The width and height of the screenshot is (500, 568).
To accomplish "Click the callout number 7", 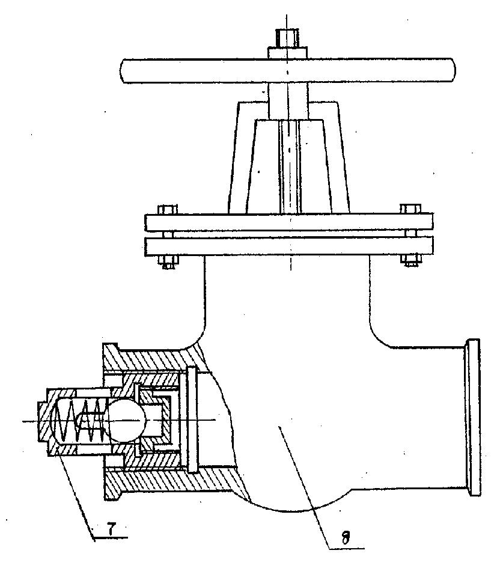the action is pyautogui.click(x=111, y=530).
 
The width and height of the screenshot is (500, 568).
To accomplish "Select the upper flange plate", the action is pyautogui.click(x=288, y=222).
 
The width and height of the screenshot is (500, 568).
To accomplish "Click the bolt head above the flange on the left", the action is pyautogui.click(x=167, y=209).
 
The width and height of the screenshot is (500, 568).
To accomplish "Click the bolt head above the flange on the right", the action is pyautogui.click(x=410, y=209).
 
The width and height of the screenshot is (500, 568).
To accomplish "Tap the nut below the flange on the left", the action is pyautogui.click(x=168, y=262).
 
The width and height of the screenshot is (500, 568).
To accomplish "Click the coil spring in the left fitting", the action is pyautogui.click(x=81, y=421).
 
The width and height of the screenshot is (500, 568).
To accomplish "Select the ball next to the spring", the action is pyautogui.click(x=127, y=420).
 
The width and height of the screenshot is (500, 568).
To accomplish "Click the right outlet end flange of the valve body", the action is pyautogui.click(x=473, y=417).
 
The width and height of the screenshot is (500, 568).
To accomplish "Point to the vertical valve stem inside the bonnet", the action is pyautogui.click(x=290, y=166).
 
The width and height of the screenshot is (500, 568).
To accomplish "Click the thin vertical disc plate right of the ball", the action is pyautogui.click(x=192, y=420).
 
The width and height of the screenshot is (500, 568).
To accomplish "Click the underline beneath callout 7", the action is pyautogui.click(x=110, y=538).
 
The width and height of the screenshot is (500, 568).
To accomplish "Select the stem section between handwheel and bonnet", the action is pyautogui.click(x=287, y=102).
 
